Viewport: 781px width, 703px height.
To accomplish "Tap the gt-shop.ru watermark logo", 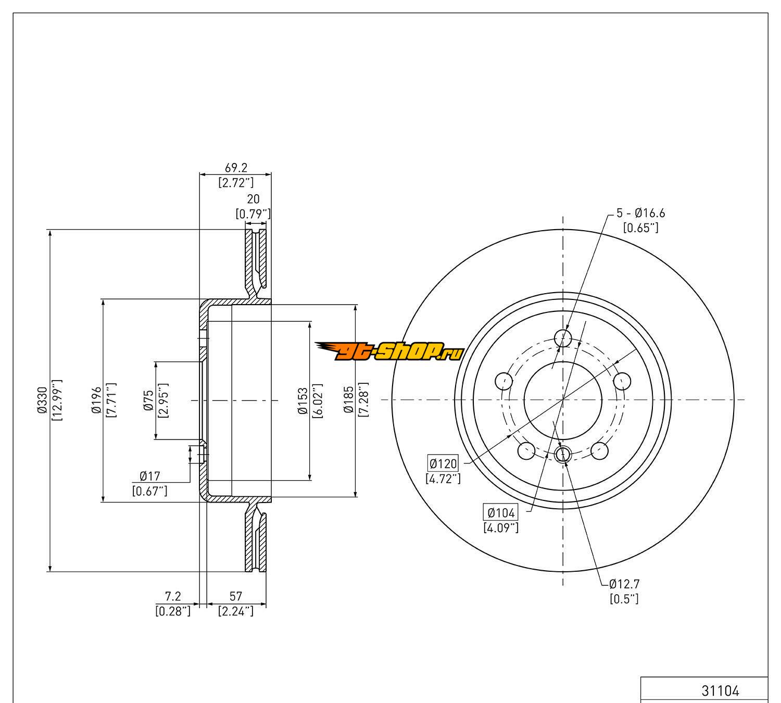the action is pos(390,351).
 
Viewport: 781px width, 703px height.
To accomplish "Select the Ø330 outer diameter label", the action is pos(42,400).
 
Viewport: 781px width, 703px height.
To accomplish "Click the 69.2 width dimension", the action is pos(236,168).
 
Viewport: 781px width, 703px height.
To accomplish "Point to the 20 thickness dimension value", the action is pos(253,199).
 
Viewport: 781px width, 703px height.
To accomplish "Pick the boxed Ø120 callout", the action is pos(443,463).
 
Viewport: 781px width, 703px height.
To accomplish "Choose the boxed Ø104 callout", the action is pos(501,512).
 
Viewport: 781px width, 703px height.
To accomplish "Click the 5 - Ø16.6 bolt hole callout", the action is pos(640,213).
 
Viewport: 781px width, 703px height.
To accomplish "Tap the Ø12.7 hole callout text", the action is pos(624,584).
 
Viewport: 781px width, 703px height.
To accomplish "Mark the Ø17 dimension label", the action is pos(150,476).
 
